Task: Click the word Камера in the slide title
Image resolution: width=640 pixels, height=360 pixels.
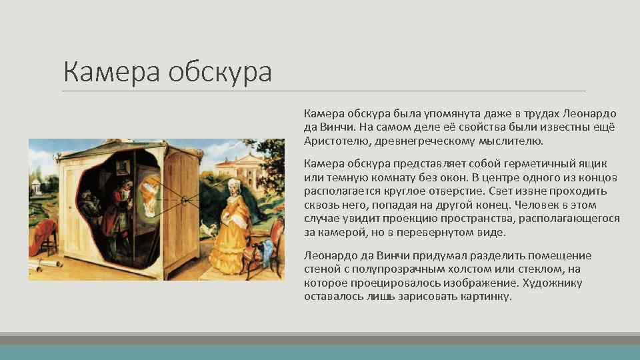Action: (111, 71)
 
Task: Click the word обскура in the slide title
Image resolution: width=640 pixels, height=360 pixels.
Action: (219, 71)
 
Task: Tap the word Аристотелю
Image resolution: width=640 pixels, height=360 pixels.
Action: (334, 141)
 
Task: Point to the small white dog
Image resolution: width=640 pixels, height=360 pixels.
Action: (213, 229)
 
